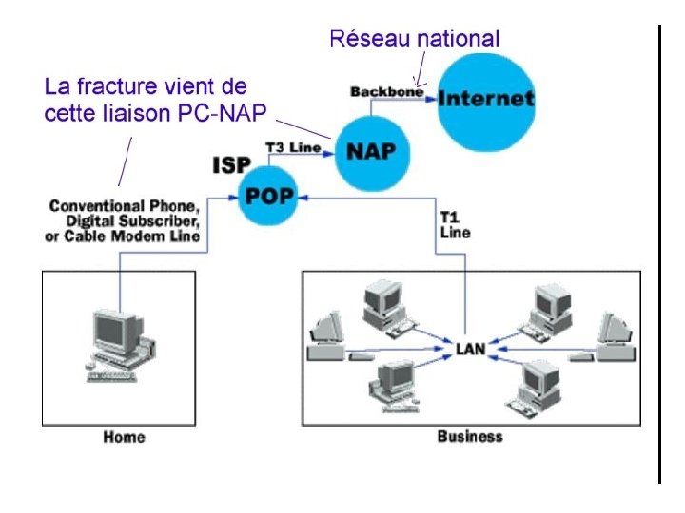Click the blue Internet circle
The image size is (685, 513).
[x=485, y=98]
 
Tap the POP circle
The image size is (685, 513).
[x=267, y=194]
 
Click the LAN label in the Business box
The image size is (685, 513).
[x=470, y=349]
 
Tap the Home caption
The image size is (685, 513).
[x=124, y=437]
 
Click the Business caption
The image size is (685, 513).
[x=469, y=437]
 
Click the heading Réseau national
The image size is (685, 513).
[x=414, y=39]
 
